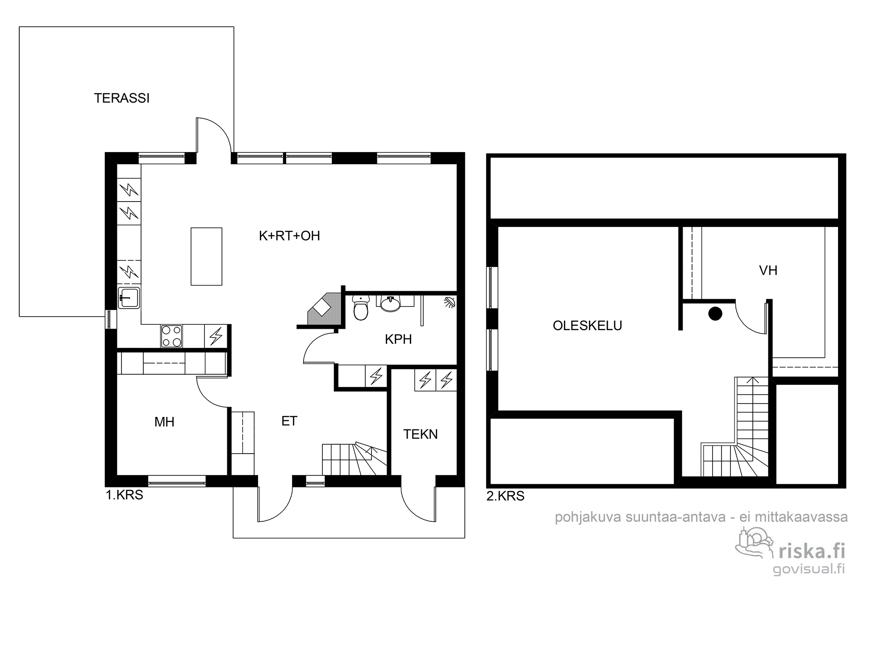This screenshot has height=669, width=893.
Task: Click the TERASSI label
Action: pos(121,98)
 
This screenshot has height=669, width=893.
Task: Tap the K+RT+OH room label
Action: pos(289,236)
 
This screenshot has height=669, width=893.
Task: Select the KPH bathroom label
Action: pos(398,339)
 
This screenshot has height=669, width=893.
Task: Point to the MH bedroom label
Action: pos(164,422)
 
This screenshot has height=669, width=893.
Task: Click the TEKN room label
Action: pos(421,434)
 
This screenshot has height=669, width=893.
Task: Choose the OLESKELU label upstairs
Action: pos(587,326)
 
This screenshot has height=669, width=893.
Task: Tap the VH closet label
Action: pos(768,270)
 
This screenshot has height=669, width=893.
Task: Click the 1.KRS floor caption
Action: pos(125,495)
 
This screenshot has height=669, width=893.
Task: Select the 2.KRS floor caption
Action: pos(505,496)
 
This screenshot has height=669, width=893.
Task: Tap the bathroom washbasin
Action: pos(391,303)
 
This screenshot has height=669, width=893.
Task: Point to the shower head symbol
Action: pos(449,302)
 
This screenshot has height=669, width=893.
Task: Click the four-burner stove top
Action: pos(171,336)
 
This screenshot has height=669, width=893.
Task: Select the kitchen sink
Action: pos(129,297)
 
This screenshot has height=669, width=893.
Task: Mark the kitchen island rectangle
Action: pos(206,256)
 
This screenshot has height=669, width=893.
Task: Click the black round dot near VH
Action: pos(715,314)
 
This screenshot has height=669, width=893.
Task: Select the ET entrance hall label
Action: pos(289,421)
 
